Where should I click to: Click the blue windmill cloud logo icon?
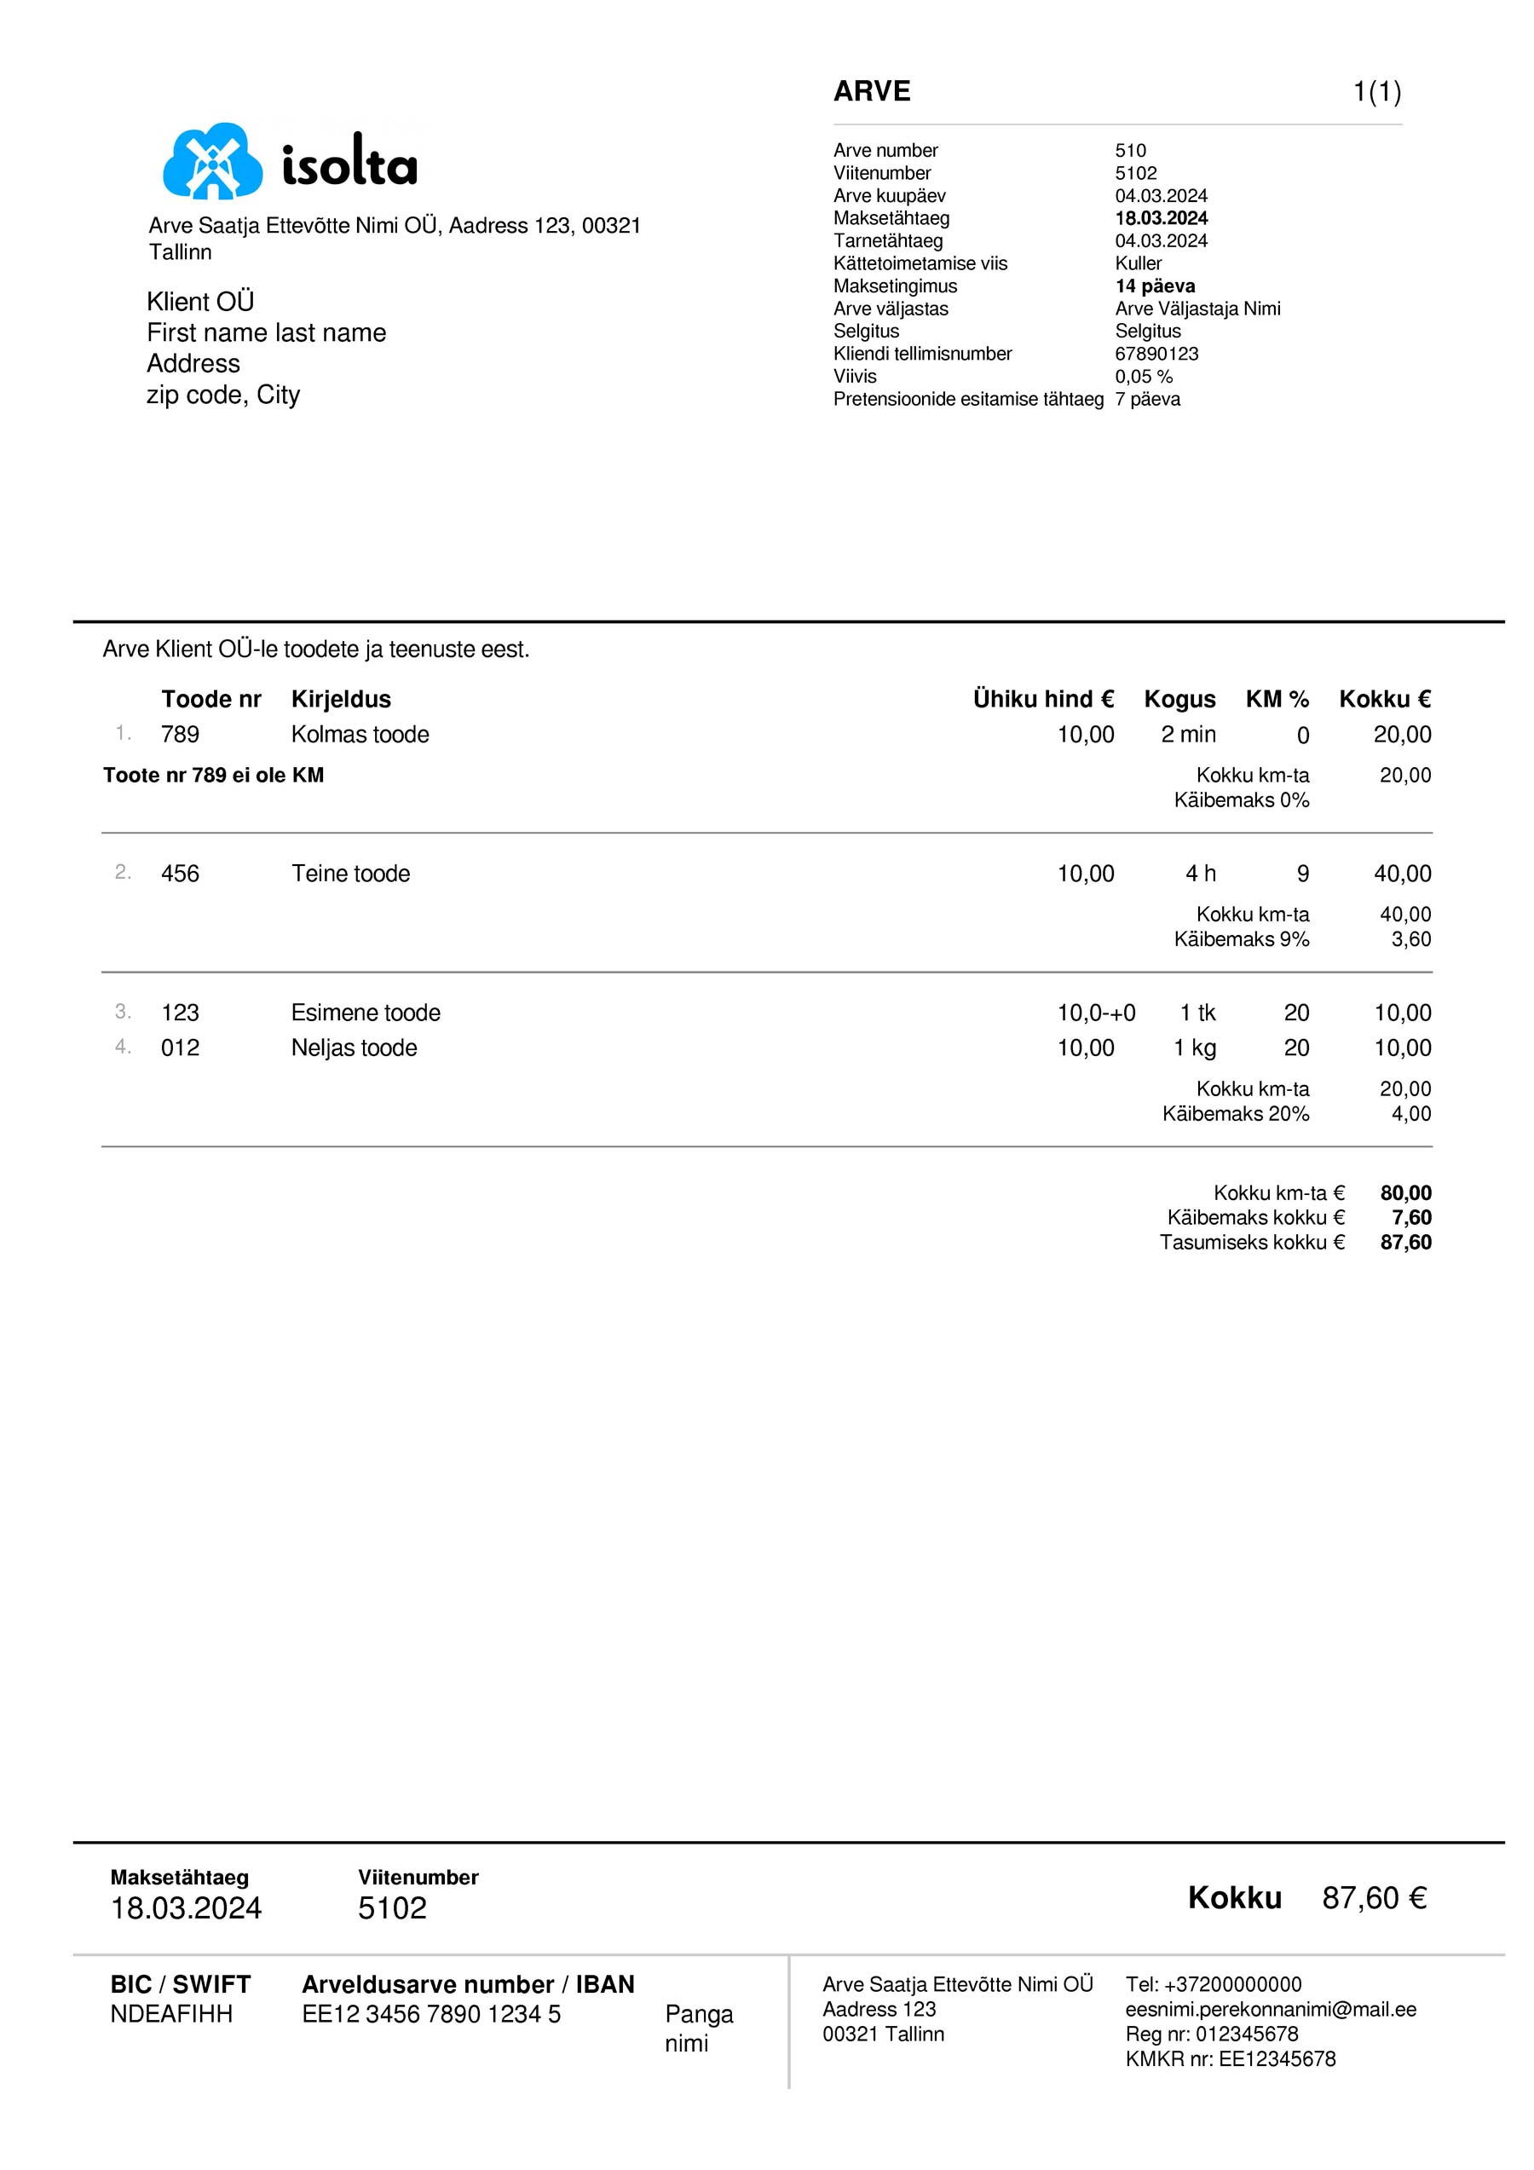tap(213, 162)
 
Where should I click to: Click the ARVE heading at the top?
tap(872, 92)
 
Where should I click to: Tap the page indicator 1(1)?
tap(1376, 93)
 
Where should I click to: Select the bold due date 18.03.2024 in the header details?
tap(1161, 218)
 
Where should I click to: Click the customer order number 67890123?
tap(1156, 355)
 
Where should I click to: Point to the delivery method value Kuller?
tap(1138, 263)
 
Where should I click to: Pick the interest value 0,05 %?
tap(1143, 377)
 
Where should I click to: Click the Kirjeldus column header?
tap(340, 700)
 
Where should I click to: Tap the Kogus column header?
tap(1179, 700)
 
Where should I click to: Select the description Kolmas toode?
tap(359, 735)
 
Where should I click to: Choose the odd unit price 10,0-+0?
tap(1095, 1013)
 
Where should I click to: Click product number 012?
tap(180, 1048)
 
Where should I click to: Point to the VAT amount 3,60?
tap(1410, 939)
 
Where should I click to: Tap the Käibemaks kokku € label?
tap(1255, 1217)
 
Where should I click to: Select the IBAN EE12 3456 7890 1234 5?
tap(431, 2014)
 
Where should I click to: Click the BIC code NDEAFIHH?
tap(171, 2014)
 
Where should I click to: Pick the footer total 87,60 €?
tap(1373, 1898)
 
